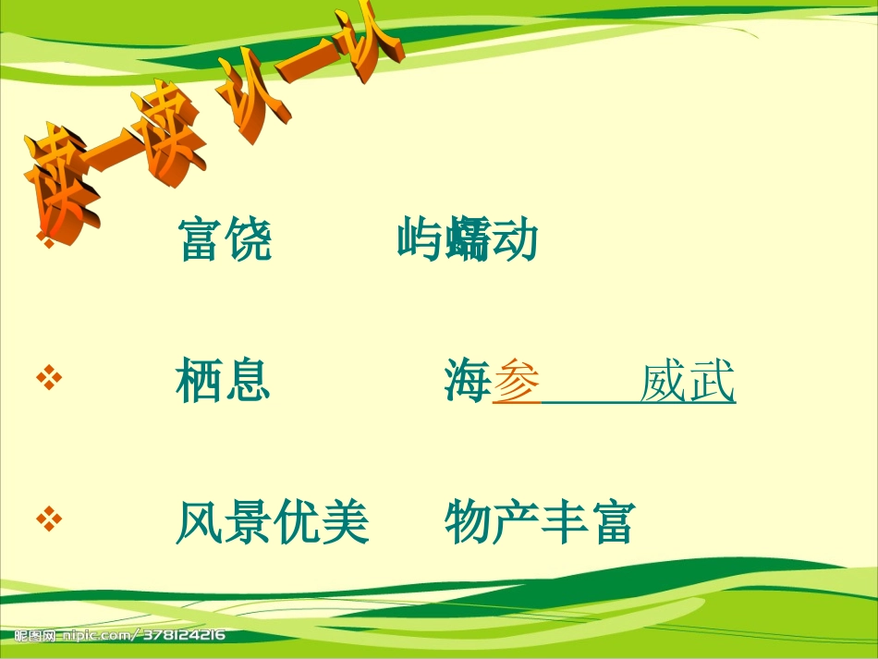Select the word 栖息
[x=223, y=382]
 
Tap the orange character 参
[x=517, y=382]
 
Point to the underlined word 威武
[x=688, y=382]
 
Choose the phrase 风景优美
[x=272, y=522]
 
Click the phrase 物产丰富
[x=539, y=522]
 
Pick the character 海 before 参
[x=468, y=382]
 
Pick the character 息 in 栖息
[x=247, y=382]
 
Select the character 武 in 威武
[x=712, y=382]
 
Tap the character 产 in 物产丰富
[x=515, y=522]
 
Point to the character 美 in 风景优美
[x=345, y=522]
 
